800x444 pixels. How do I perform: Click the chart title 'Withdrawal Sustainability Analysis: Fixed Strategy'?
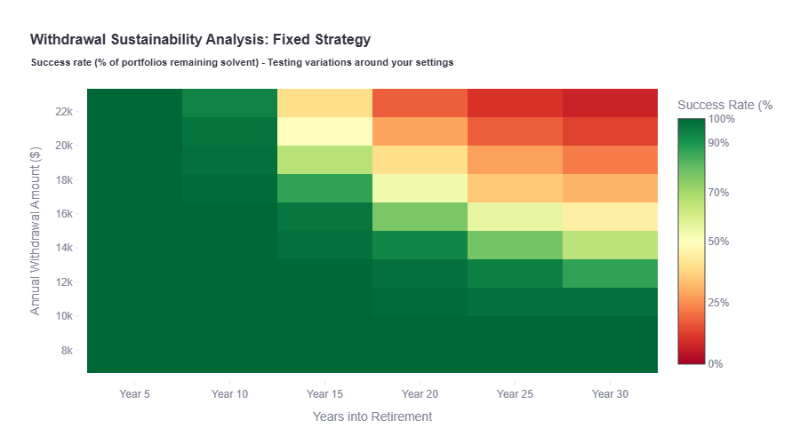200,40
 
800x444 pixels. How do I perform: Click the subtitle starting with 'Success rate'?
242,63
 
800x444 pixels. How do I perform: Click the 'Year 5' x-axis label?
134,393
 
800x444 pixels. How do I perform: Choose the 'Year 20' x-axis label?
420,393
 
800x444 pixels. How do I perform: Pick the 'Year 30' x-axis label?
610,393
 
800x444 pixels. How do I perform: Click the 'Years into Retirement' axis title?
372,416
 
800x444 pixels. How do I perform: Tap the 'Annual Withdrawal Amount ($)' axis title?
36,231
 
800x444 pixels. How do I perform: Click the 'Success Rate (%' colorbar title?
724,105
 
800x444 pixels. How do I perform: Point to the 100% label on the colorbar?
722,118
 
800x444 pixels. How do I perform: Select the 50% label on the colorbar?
719,242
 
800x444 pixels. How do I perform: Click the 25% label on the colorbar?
719,303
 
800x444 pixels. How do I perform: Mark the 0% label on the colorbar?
716,364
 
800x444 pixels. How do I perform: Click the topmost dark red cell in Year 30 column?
610,103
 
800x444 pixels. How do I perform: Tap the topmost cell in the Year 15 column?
324,103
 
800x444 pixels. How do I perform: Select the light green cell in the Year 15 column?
324,160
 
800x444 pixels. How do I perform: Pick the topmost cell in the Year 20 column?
420,103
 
